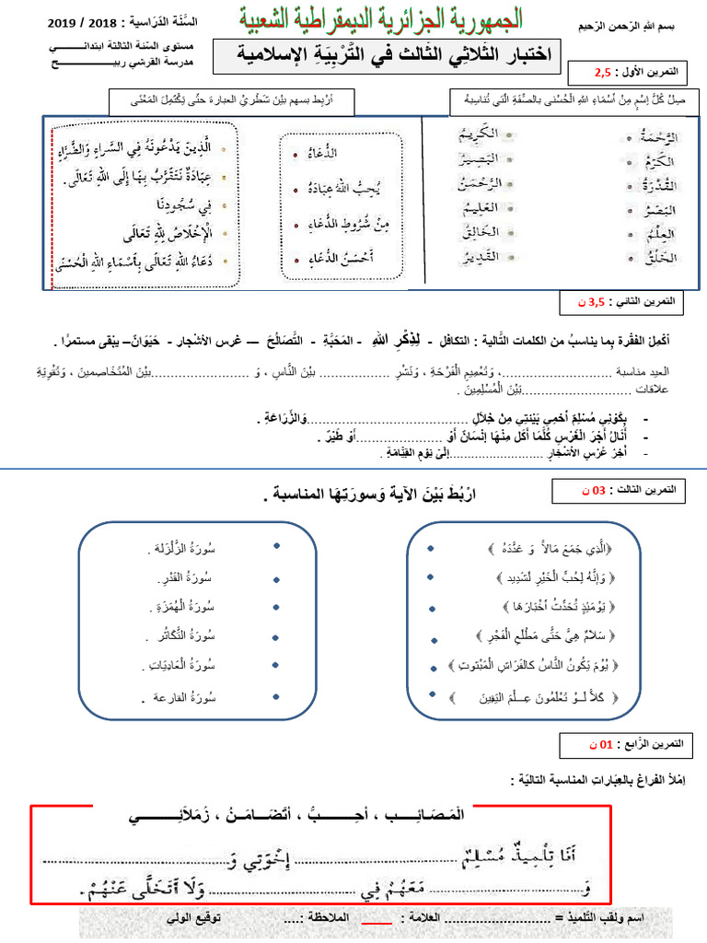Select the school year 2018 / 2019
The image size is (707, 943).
79,21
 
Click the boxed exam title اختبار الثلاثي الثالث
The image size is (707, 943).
386,56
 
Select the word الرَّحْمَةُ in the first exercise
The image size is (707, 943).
659,137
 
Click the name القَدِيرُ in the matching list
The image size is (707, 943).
480,255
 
